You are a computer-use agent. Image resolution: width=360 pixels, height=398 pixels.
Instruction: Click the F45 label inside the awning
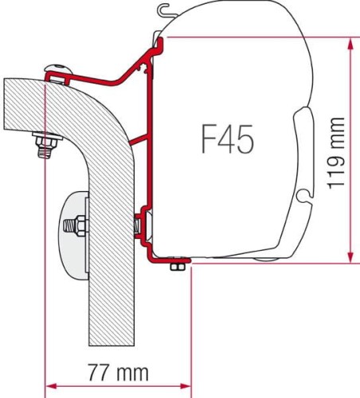pos(228,140)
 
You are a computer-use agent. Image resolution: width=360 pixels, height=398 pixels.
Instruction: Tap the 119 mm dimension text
pos(336,154)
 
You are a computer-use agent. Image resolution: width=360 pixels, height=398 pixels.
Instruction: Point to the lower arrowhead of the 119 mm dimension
pos(350,257)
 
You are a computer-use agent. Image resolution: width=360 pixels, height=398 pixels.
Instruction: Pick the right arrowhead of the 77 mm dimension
pos(185,386)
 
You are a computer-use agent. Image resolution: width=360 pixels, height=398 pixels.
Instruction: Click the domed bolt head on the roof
pos(59,68)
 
